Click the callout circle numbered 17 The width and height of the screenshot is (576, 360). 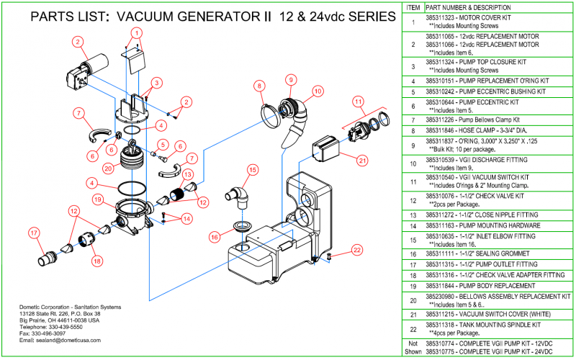[x=34, y=232]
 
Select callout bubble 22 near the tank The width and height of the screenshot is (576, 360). [x=356, y=250]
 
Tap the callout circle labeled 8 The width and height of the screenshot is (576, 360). [x=258, y=86]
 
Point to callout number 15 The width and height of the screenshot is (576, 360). [x=252, y=170]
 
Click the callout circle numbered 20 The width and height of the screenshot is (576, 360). [x=108, y=168]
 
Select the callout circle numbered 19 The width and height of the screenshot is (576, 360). [x=98, y=199]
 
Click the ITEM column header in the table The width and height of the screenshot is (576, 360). [x=413, y=6]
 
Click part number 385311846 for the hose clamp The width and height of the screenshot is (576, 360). [x=446, y=131]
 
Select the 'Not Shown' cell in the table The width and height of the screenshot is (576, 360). [x=413, y=348]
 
